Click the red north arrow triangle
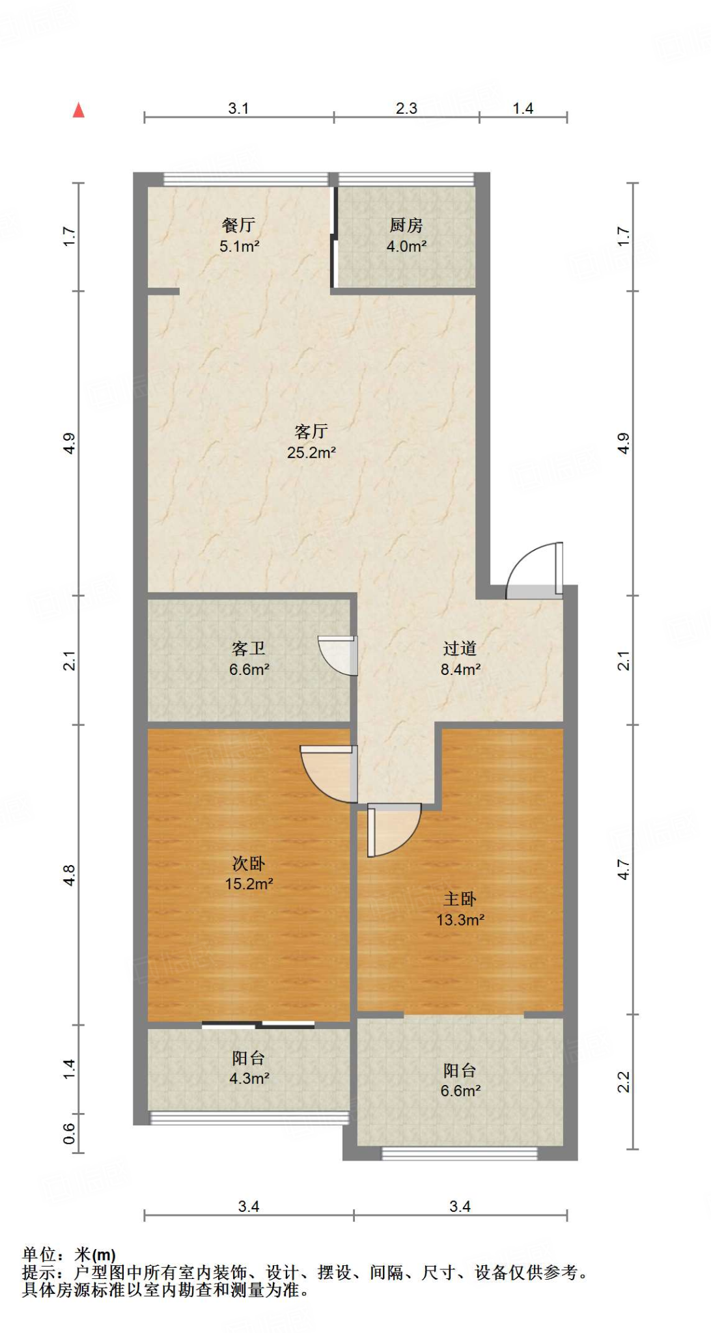(x=79, y=110)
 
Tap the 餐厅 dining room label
(x=238, y=225)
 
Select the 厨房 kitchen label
(x=406, y=225)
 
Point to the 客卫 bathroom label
(x=249, y=648)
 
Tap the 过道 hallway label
(x=460, y=648)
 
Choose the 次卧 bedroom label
(x=249, y=864)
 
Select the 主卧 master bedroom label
(x=460, y=900)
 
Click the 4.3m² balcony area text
(x=249, y=1079)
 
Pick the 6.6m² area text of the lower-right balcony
(x=460, y=1091)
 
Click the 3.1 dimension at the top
(x=238, y=108)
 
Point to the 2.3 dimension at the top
(x=406, y=108)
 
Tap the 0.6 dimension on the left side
(x=69, y=1133)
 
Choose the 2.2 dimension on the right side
(x=623, y=1082)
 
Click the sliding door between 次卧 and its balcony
(x=258, y=1025)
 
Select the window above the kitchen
(x=406, y=179)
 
